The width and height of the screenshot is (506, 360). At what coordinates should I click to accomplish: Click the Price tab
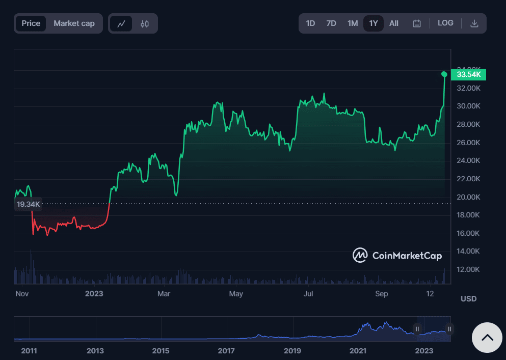[x=31, y=23]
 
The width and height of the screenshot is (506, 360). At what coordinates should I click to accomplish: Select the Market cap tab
[x=74, y=23]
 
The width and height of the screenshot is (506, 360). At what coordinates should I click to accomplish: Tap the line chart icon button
[x=121, y=23]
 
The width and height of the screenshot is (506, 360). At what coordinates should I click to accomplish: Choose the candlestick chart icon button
[x=145, y=23]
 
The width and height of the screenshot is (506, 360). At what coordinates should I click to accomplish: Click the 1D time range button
[x=310, y=23]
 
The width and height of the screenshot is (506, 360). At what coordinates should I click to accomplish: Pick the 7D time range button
[x=331, y=23]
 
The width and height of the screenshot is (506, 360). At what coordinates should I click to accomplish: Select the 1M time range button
[x=353, y=23]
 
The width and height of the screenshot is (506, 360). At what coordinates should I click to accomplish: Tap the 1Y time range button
[x=374, y=23]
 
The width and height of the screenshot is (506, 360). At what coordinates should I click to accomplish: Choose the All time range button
[x=394, y=23]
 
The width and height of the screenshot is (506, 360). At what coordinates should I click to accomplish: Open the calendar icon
[x=417, y=23]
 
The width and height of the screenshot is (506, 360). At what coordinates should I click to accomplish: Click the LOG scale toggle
[x=445, y=23]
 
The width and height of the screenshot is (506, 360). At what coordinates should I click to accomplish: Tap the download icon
[x=474, y=23]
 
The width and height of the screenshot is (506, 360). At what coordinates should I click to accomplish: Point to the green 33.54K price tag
[x=469, y=75]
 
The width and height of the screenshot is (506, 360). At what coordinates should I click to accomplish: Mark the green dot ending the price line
[x=444, y=74]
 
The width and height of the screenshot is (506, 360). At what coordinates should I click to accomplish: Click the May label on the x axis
[x=236, y=294]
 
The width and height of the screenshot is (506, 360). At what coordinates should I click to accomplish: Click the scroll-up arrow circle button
[x=487, y=337]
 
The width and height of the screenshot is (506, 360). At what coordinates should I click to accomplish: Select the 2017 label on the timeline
[x=226, y=351]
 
